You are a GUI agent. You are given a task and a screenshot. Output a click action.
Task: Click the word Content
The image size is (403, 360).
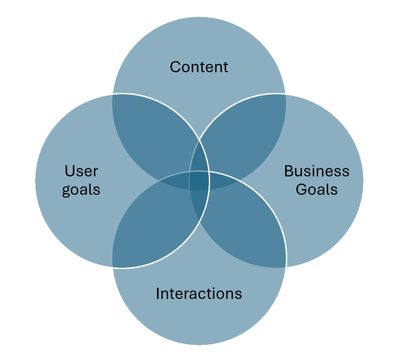coord(199,67)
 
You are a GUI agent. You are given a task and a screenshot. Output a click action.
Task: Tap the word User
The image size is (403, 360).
coord(81,171)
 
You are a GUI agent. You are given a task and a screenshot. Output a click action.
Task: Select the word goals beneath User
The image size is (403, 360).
coord(81,190)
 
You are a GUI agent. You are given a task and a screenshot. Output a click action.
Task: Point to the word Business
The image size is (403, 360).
coord(316,171)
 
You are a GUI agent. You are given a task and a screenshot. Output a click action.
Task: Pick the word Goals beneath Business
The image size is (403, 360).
coord(316,189)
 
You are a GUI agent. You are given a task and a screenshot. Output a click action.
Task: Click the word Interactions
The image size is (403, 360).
coord(199,294)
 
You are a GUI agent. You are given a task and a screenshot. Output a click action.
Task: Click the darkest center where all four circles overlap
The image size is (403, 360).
coord(199,180)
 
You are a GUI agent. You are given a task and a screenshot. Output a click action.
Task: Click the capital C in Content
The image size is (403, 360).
coord(175,67)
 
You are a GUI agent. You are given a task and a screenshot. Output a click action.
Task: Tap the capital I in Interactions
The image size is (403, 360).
coord(157,294)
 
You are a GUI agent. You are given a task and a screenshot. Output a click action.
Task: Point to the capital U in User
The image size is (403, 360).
coord(69,171)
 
